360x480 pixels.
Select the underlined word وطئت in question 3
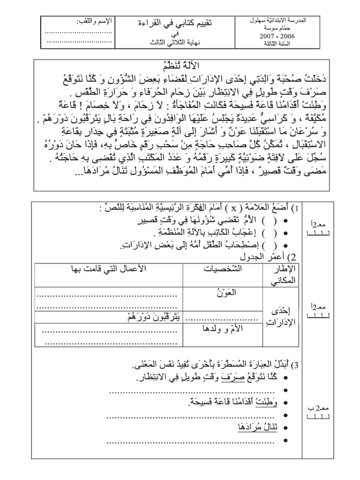click(274, 402)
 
